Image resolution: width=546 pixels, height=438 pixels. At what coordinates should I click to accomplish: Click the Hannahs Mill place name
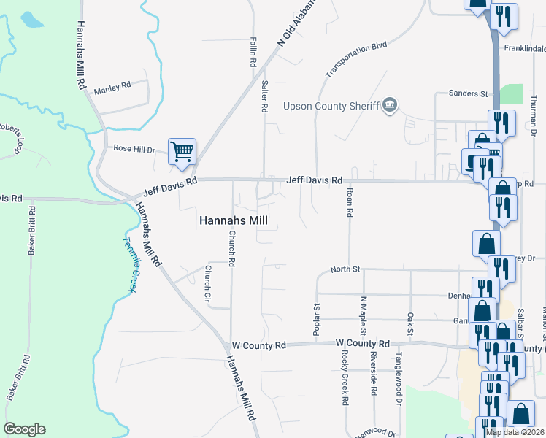tap(234, 220)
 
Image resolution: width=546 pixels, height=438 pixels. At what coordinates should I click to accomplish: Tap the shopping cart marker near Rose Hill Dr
tap(182, 151)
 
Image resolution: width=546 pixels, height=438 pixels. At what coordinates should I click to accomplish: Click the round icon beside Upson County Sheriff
tap(390, 106)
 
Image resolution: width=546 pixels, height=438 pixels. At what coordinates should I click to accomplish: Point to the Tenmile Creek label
tap(129, 264)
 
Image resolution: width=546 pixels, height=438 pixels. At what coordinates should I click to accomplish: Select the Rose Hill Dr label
tap(134, 148)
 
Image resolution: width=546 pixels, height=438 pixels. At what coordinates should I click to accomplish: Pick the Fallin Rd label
tap(252, 52)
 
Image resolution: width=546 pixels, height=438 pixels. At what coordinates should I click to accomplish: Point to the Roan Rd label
tap(350, 202)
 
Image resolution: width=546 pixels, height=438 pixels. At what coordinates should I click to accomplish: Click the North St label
tap(345, 269)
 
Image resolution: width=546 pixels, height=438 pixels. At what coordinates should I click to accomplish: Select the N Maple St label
tap(362, 315)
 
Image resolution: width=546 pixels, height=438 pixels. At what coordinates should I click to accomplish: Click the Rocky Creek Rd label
tap(345, 377)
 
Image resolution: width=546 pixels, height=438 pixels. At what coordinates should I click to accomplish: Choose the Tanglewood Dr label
tap(399, 386)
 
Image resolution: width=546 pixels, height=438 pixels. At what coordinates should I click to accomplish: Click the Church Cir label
tap(207, 284)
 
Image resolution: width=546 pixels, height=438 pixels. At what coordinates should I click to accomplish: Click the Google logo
tap(24, 429)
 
